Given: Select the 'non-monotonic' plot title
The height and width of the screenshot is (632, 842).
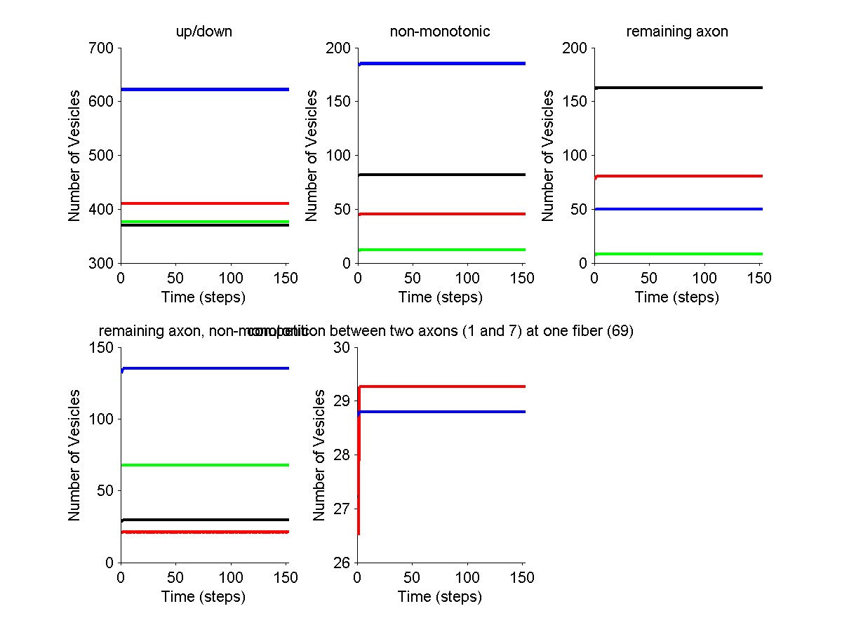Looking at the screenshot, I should pyautogui.click(x=440, y=32).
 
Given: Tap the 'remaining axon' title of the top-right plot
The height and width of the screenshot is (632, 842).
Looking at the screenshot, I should pyautogui.click(x=677, y=32).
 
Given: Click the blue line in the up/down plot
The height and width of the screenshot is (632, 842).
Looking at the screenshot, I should pyautogui.click(x=203, y=89).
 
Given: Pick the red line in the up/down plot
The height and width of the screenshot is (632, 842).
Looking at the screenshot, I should pyautogui.click(x=203, y=203).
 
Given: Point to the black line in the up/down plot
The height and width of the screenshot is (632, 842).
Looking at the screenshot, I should pyautogui.click(x=203, y=225).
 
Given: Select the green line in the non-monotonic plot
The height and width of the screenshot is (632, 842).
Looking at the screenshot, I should pyautogui.click(x=441, y=250).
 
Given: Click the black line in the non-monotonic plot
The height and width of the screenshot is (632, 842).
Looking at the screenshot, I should pyautogui.click(x=441, y=174).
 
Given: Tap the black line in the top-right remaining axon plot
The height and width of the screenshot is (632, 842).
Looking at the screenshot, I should pyautogui.click(x=677, y=88).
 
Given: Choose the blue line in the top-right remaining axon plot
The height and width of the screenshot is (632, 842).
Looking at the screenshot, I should pyautogui.click(x=677, y=209).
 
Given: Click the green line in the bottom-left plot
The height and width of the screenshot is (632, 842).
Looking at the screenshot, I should pyautogui.click(x=203, y=465).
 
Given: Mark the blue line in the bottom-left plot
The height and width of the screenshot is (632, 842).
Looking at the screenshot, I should pyautogui.click(x=203, y=368).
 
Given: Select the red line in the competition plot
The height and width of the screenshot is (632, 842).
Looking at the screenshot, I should pyautogui.click(x=441, y=386).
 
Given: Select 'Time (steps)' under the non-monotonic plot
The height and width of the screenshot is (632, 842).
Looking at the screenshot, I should pyautogui.click(x=441, y=297).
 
